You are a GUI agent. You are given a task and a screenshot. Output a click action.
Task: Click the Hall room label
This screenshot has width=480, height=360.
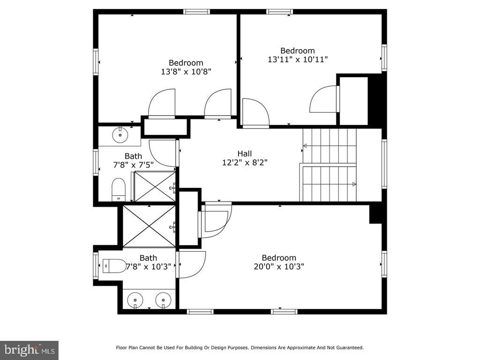pyautogui.click(x=245, y=153)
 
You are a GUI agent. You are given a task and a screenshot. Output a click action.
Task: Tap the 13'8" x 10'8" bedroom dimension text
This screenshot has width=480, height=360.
pyautogui.click(x=186, y=72)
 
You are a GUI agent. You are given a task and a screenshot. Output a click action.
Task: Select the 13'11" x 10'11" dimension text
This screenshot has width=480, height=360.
pyautogui.click(x=298, y=60)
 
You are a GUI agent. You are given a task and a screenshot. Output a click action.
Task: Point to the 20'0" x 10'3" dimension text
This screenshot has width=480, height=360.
pyautogui.click(x=279, y=267)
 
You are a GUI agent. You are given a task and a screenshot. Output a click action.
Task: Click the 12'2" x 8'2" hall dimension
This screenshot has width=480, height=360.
pyautogui.click(x=245, y=162)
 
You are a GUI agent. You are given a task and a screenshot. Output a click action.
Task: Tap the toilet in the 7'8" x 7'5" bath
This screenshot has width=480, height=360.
pyautogui.click(x=119, y=189)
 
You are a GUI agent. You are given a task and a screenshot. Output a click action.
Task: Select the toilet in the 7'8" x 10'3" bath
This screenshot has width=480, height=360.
pyautogui.click(x=114, y=266)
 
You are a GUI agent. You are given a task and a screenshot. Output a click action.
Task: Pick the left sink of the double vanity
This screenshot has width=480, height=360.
pyautogui.click(x=135, y=300)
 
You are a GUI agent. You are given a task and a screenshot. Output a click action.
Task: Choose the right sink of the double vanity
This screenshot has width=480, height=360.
pyautogui.click(x=163, y=300)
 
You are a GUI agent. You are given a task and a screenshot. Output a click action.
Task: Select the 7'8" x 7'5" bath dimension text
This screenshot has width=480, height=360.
pyautogui.click(x=134, y=165)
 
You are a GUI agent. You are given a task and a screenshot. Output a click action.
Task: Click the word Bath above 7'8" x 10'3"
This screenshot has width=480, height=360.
pyautogui.click(x=149, y=258)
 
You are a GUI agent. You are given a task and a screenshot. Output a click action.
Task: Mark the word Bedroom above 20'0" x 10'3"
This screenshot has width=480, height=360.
pyautogui.click(x=279, y=258)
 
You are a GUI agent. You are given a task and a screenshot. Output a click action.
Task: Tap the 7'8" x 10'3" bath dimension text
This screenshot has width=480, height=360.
pyautogui.click(x=149, y=267)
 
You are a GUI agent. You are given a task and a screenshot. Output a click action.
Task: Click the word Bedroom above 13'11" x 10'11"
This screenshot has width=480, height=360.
pyautogui.click(x=298, y=51)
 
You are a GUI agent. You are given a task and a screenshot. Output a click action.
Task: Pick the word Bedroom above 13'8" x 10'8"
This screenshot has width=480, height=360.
pyautogui.click(x=186, y=63)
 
